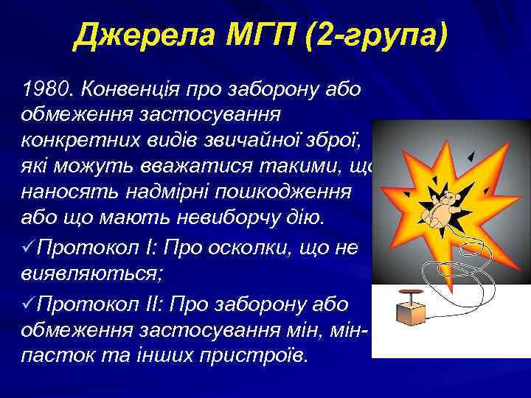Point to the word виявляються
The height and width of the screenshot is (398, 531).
tap(79, 274)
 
